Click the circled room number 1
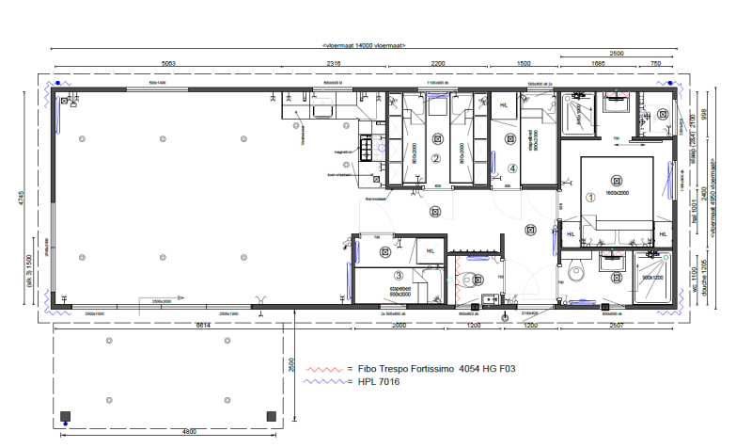tap(591, 199)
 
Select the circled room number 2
tap(436, 159)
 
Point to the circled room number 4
tap(512, 168)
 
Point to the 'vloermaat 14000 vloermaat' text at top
tap(363, 44)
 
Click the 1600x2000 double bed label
tap(616, 192)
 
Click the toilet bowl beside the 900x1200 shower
tap(578, 276)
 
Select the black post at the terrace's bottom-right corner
tap(272, 415)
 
